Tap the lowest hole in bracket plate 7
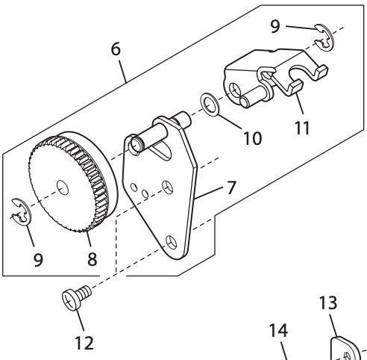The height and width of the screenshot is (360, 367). coord(172,240)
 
